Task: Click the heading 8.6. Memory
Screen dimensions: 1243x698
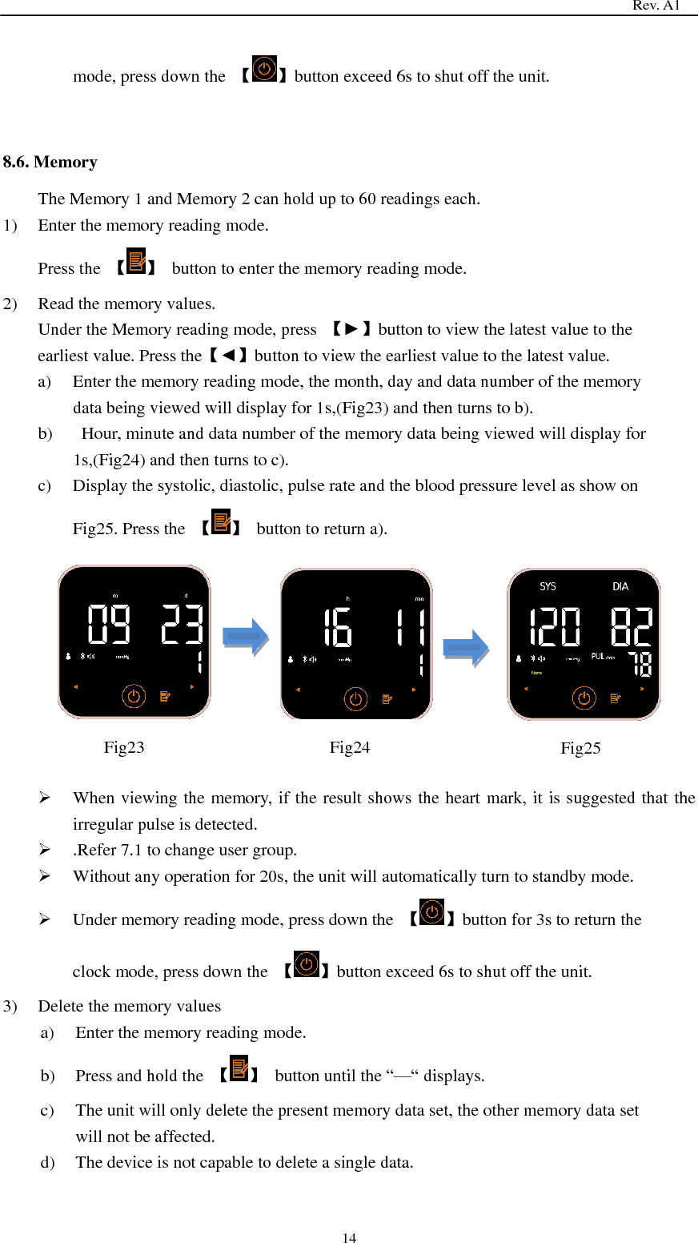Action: click(x=50, y=162)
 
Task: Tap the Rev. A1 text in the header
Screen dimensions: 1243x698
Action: click(x=656, y=6)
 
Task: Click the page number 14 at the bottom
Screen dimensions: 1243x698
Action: click(x=349, y=1237)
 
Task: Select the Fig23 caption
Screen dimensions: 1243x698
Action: click(x=124, y=747)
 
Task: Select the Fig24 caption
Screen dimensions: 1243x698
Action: click(x=350, y=747)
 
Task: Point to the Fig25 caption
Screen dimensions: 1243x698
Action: click(x=580, y=748)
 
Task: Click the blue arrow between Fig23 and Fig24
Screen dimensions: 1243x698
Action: click(x=246, y=638)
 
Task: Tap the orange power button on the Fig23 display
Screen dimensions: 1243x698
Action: click(x=134, y=696)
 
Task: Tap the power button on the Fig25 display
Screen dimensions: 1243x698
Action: click(x=584, y=698)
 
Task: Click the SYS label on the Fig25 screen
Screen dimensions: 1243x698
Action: click(x=548, y=586)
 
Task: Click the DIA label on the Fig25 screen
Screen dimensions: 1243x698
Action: click(x=620, y=586)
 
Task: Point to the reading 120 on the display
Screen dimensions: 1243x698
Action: click(x=555, y=626)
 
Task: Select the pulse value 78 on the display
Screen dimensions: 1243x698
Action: click(x=640, y=663)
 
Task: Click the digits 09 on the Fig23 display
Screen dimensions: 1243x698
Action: click(x=109, y=625)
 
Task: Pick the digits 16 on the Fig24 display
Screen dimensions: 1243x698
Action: click(x=337, y=628)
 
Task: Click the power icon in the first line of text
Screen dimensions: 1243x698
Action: click(x=264, y=69)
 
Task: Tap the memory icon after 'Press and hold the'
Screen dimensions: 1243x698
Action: click(x=239, y=1068)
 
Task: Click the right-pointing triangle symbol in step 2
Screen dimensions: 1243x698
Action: click(x=351, y=329)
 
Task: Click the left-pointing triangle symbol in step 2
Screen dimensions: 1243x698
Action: click(x=228, y=356)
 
